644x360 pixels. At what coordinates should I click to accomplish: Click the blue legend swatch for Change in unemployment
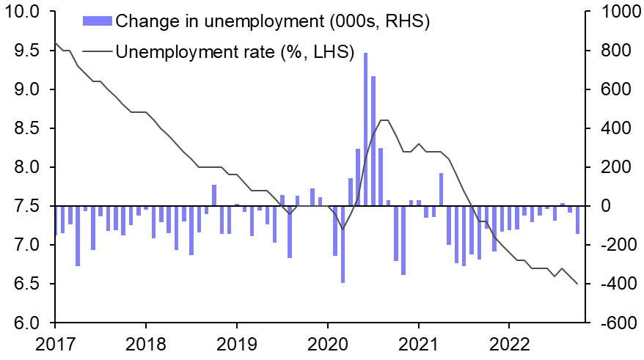pyautogui.click(x=97, y=21)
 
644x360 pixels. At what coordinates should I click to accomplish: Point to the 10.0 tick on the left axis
pyautogui.click(x=24, y=12)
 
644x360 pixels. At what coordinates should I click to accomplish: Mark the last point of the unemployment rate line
pyautogui.click(x=577, y=284)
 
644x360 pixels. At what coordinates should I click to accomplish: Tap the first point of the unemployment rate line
pyautogui.click(x=56, y=43)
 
